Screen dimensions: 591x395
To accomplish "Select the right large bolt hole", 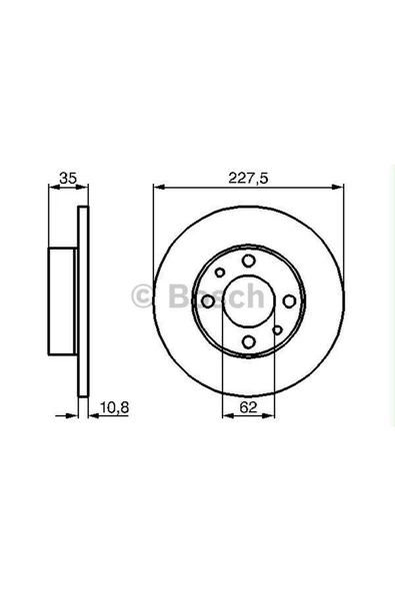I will coord(289,301).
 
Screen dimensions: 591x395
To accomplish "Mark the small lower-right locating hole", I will coord(277,332).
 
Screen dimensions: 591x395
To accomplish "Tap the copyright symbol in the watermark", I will coord(142,295).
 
